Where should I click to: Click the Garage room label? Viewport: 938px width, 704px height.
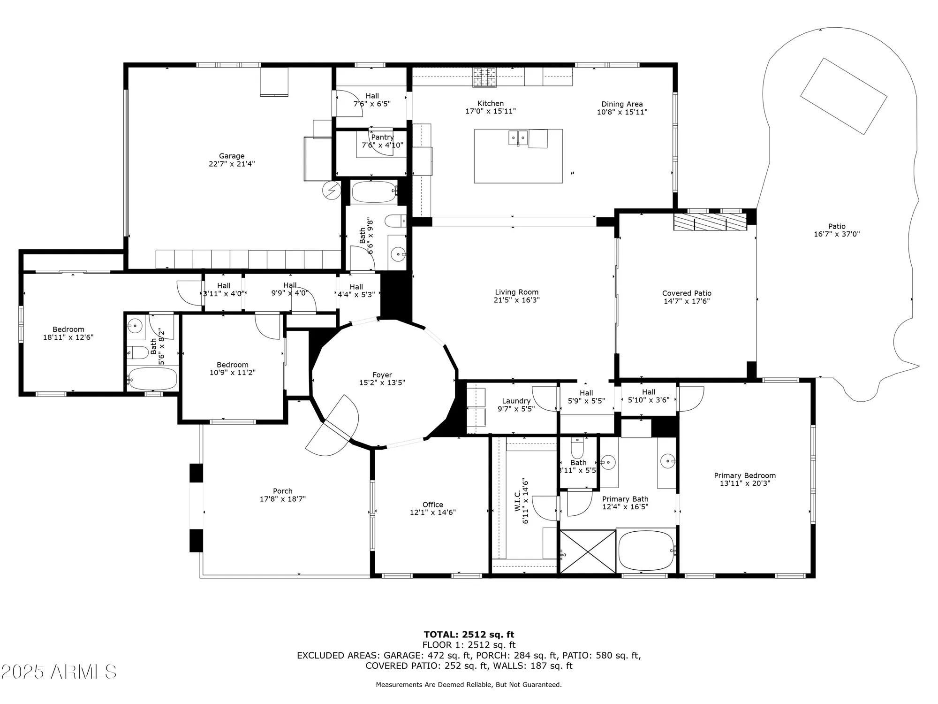232,156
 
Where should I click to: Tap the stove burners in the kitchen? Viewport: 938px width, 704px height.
484,77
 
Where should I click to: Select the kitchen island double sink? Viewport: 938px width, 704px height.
518,138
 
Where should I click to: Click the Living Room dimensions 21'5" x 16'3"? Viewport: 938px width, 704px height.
516,300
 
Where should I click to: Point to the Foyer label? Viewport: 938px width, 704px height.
382,375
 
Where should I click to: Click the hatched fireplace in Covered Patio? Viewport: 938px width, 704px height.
710,222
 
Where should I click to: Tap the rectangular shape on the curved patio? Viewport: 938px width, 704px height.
843,96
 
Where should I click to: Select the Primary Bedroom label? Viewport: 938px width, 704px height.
745,475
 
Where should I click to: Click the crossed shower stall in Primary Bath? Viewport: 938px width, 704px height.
588,551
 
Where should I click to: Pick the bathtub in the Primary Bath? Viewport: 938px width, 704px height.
646,550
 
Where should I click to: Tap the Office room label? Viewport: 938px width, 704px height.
432,505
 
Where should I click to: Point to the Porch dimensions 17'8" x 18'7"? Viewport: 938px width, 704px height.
282,499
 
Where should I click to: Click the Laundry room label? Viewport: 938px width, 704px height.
516,401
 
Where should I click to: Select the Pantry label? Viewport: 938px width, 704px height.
382,137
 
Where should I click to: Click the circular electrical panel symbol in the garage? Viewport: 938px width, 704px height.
332,191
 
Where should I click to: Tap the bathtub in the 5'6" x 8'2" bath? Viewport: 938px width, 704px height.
152,378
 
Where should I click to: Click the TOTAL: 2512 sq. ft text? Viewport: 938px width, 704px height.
469,635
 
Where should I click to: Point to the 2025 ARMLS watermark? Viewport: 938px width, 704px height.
59,672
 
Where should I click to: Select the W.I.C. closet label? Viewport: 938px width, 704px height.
517,501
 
